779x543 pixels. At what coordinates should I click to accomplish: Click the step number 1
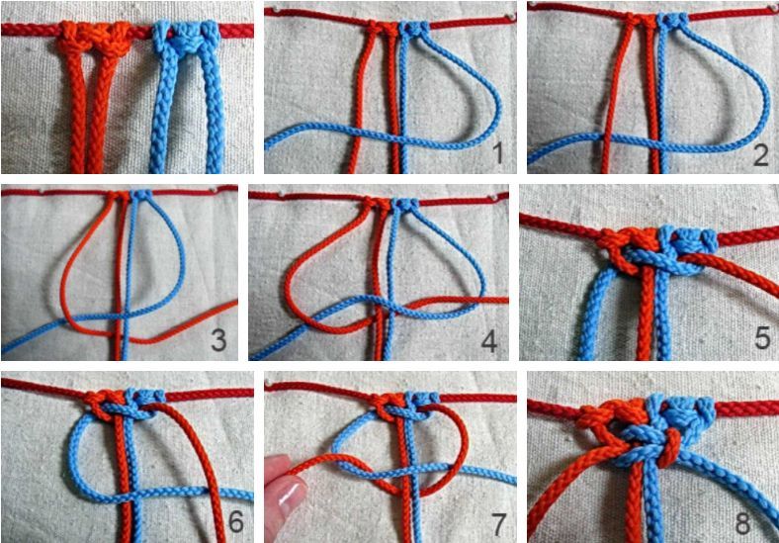coord(499,154)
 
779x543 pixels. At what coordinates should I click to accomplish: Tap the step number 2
coord(760,154)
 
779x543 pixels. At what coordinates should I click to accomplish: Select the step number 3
coord(218,340)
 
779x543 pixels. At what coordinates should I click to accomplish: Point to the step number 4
coord(489,341)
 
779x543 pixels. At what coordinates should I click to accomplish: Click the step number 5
coord(762,338)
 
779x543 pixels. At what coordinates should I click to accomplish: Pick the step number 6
coord(235,522)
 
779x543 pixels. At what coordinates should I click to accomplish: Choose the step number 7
coord(498,523)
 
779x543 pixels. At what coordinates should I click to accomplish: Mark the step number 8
coord(742,523)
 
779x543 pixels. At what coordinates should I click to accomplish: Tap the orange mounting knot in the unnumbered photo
coord(94,38)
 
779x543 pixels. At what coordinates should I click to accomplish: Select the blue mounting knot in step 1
coord(413,29)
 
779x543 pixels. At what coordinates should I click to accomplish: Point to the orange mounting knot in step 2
coord(640,22)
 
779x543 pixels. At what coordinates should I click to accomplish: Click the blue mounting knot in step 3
coord(142,194)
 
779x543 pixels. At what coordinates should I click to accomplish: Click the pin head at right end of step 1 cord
coord(511,18)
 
